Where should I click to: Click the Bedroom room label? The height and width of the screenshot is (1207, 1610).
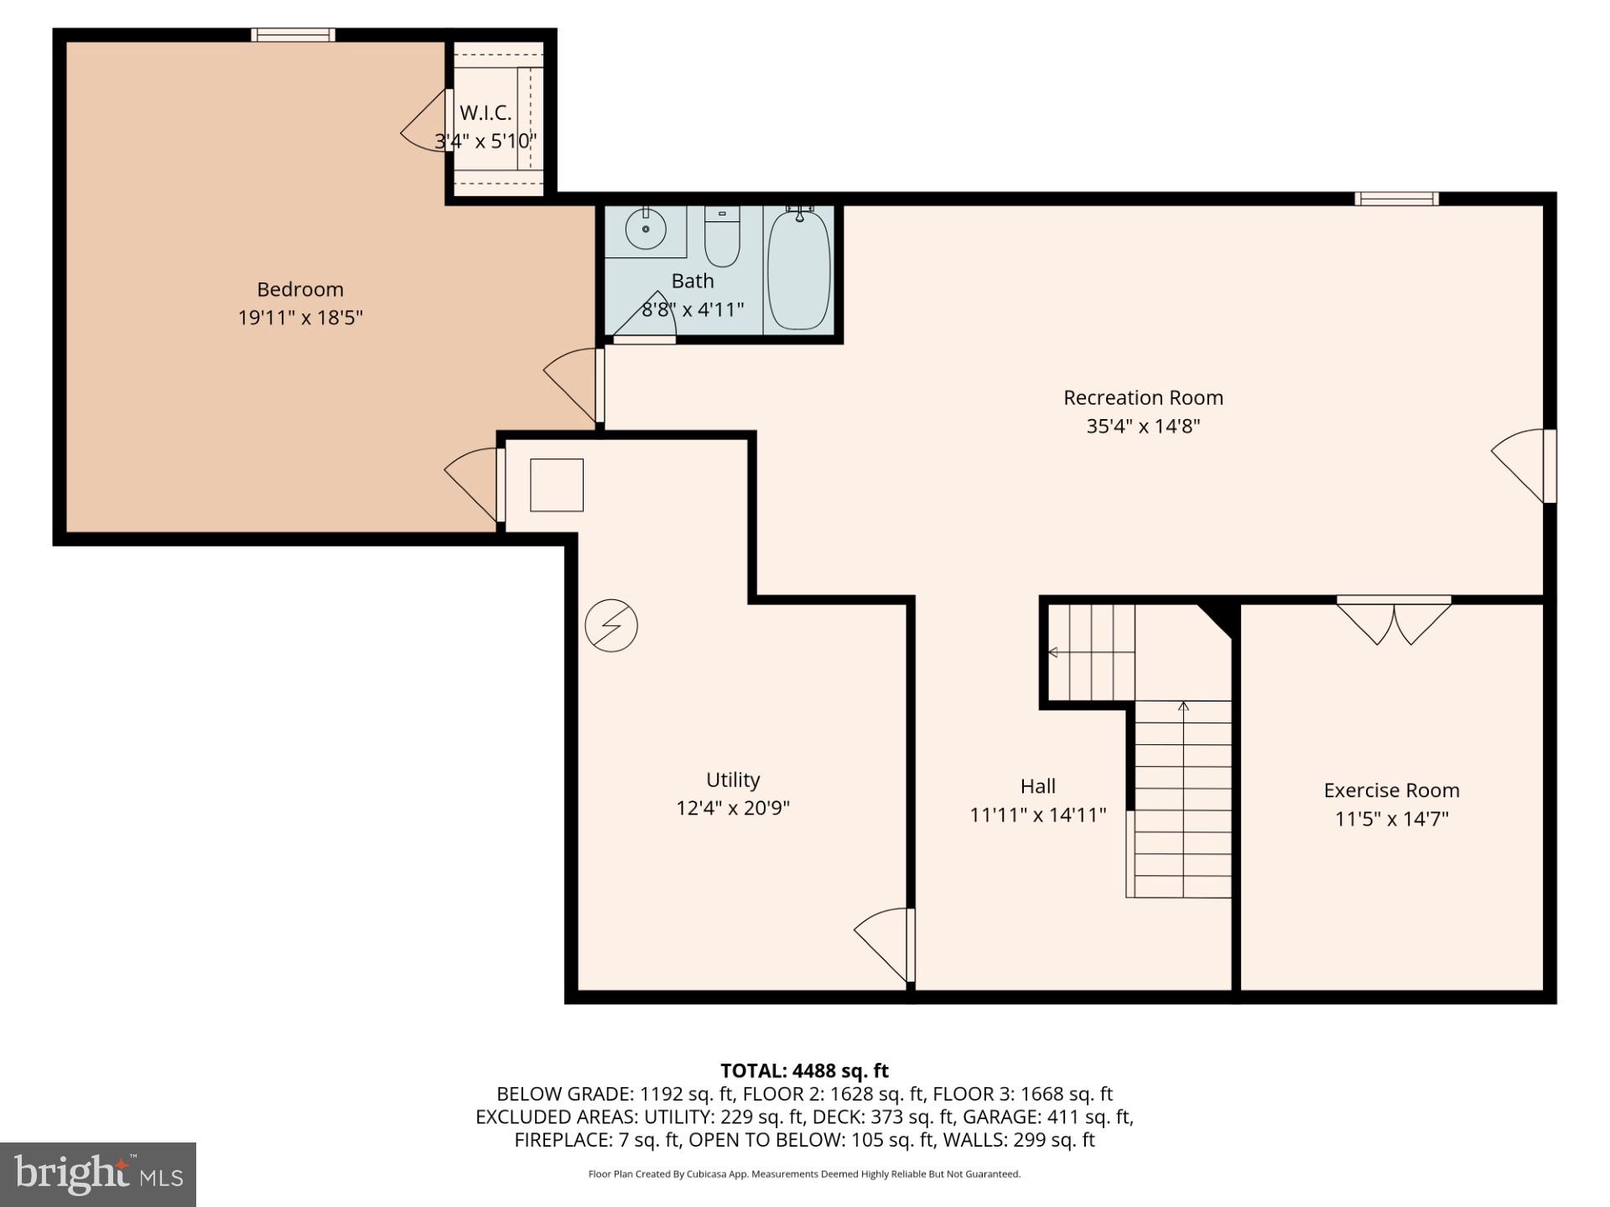tap(300, 289)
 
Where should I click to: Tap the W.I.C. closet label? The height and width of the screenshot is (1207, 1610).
tap(485, 113)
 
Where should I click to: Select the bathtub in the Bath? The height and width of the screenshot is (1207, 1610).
tap(798, 269)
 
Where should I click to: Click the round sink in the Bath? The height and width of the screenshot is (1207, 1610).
tap(646, 229)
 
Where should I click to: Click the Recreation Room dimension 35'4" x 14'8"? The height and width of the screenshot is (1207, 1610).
tap(1143, 426)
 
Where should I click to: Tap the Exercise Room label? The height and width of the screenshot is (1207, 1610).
tap(1391, 790)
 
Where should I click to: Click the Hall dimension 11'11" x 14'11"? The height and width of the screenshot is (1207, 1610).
tap(1038, 815)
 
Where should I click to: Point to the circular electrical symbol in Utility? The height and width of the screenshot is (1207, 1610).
tap(611, 625)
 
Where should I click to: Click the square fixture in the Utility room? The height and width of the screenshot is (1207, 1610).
tap(557, 484)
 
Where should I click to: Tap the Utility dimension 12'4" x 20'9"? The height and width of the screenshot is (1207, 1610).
tap(733, 808)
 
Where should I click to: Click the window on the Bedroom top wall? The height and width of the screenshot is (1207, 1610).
tap(293, 34)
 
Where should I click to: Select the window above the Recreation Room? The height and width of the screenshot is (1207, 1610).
tap(1396, 199)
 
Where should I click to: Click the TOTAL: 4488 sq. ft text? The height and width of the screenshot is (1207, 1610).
tap(804, 1070)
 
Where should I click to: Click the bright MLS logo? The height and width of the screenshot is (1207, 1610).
tap(98, 1174)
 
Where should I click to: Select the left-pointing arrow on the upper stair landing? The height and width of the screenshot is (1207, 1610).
tap(1053, 652)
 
